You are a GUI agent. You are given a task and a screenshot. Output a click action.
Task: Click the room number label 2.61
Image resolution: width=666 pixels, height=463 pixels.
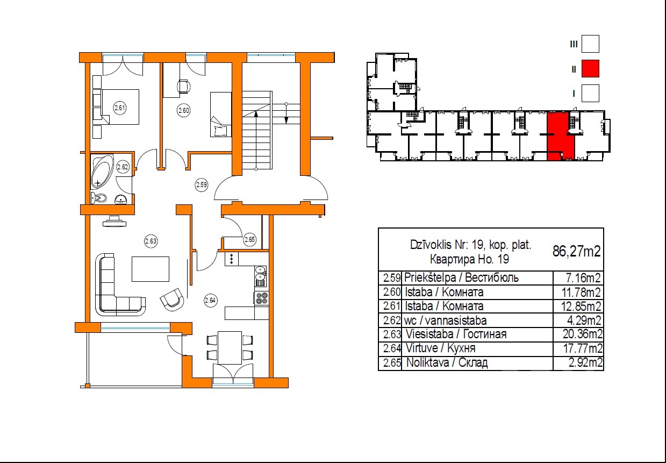tap(120, 108)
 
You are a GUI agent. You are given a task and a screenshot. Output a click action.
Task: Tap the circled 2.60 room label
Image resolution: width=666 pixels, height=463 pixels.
tap(183, 110)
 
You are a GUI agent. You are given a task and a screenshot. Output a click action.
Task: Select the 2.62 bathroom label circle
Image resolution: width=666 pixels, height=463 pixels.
tap(123, 167)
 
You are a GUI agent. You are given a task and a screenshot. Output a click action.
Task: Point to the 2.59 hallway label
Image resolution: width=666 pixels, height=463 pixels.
tap(201, 184)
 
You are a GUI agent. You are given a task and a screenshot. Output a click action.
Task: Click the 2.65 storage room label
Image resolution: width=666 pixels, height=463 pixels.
tap(249, 239)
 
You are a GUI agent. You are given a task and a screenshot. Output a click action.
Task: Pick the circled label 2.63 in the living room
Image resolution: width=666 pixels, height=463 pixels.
tap(151, 241)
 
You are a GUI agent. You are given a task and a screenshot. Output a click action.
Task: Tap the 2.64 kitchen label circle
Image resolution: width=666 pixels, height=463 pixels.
tap(211, 301)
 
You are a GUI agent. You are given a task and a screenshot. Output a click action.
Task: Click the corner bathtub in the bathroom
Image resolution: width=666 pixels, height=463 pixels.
tap(102, 170)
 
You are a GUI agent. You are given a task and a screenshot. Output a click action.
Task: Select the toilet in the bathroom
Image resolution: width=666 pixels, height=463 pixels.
tap(99, 197)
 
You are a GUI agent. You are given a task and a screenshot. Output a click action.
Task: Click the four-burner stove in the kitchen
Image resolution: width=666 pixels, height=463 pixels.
tap(262, 298)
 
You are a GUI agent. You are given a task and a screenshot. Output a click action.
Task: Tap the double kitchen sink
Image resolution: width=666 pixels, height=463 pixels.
tap(261, 276)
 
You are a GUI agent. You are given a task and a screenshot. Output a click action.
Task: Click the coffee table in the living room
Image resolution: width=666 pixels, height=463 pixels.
tap(151, 269)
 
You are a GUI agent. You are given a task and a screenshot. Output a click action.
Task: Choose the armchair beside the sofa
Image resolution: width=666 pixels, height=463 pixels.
tap(171, 300)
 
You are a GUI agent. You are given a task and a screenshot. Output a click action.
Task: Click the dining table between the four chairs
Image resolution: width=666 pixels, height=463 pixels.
tap(230, 347)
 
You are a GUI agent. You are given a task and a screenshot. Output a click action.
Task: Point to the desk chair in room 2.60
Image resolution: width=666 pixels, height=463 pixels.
tap(184, 87)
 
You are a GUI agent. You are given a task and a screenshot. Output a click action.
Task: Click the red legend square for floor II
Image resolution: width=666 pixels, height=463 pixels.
tap(590, 68)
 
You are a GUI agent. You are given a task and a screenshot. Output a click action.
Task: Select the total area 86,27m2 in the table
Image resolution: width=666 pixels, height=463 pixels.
tap(577, 251)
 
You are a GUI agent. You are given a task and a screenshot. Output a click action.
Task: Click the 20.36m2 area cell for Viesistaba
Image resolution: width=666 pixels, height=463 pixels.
tap(582, 334)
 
